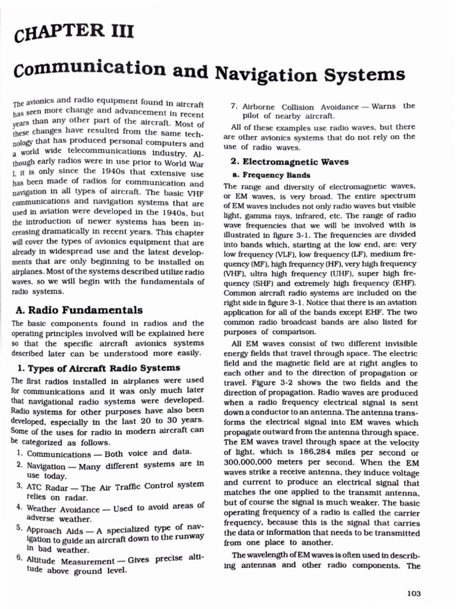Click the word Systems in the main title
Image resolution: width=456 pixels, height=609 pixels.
point(353,76)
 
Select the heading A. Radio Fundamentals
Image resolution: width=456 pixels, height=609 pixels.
point(77,310)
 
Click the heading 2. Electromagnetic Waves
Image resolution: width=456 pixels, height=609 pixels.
point(289,162)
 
